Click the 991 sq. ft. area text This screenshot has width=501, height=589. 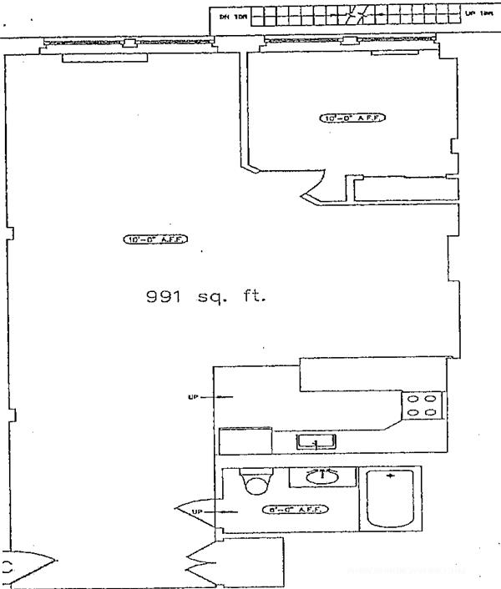pyautogui.click(x=205, y=296)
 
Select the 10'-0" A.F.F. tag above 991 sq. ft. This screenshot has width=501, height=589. pyautogui.click(x=155, y=239)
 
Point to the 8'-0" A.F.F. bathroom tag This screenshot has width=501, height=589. pyautogui.click(x=294, y=509)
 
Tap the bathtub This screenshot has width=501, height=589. pyautogui.click(x=390, y=499)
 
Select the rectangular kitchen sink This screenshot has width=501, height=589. pyautogui.click(x=316, y=440)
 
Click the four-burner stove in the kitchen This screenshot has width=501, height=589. pyautogui.click(x=422, y=405)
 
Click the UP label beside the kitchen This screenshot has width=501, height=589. pyautogui.click(x=193, y=397)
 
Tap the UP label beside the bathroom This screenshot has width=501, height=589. pyautogui.click(x=196, y=511)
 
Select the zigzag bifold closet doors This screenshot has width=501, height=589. pyautogui.click(x=201, y=563)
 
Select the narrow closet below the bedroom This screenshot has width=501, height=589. pyautogui.click(x=405, y=189)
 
